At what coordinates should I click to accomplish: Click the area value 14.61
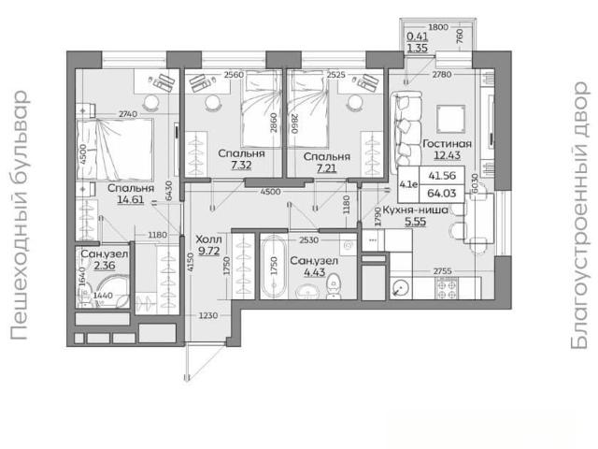(x=131, y=199)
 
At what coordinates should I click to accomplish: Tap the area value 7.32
(x=241, y=165)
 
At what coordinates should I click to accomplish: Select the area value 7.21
(x=326, y=168)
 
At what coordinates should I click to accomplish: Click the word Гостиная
(x=447, y=144)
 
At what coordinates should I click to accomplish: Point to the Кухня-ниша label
(x=415, y=210)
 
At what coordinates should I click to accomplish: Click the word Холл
(x=208, y=239)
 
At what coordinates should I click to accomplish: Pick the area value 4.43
(x=314, y=272)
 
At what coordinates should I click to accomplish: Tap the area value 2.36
(x=105, y=266)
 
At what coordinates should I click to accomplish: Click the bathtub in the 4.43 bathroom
(x=274, y=266)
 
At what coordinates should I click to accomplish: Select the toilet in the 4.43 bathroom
(x=335, y=286)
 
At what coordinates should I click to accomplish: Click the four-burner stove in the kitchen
(x=447, y=288)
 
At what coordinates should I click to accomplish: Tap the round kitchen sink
(x=401, y=288)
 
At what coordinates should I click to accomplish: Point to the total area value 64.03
(x=442, y=194)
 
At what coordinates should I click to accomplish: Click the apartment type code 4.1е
(x=408, y=184)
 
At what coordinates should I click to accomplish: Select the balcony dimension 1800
(x=438, y=27)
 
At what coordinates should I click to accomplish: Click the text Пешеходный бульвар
(x=19, y=215)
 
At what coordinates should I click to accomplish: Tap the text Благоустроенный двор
(x=579, y=215)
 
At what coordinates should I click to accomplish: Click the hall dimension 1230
(x=208, y=316)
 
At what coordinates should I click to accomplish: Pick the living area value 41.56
(x=442, y=176)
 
